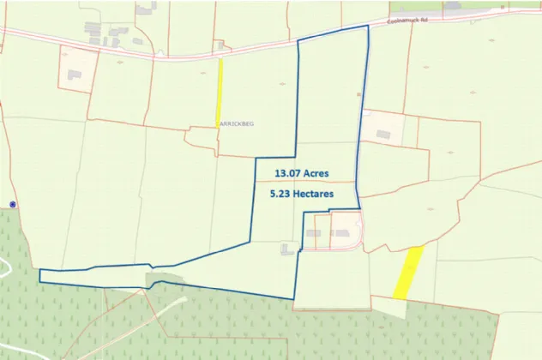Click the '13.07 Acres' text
(x=301, y=173)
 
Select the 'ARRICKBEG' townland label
(x=237, y=123)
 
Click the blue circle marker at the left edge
(x=13, y=204)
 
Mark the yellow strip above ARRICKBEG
(x=219, y=93)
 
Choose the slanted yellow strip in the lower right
(x=408, y=273)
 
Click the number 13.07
(x=287, y=173)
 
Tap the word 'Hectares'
(x=315, y=195)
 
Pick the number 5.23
(x=281, y=195)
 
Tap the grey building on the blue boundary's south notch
(x=287, y=249)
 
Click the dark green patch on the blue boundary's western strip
(x=163, y=279)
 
